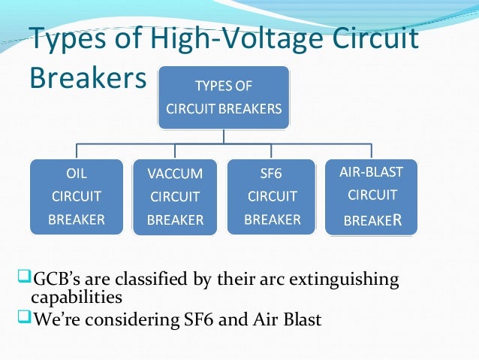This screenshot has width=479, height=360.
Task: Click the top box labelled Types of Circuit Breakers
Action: click(223, 97)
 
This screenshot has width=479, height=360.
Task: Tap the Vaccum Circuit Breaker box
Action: click(176, 197)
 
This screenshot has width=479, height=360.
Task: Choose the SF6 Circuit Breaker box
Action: click(273, 196)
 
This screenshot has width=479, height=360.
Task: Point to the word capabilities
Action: click(79, 298)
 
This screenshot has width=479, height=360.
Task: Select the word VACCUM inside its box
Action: click(176, 174)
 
